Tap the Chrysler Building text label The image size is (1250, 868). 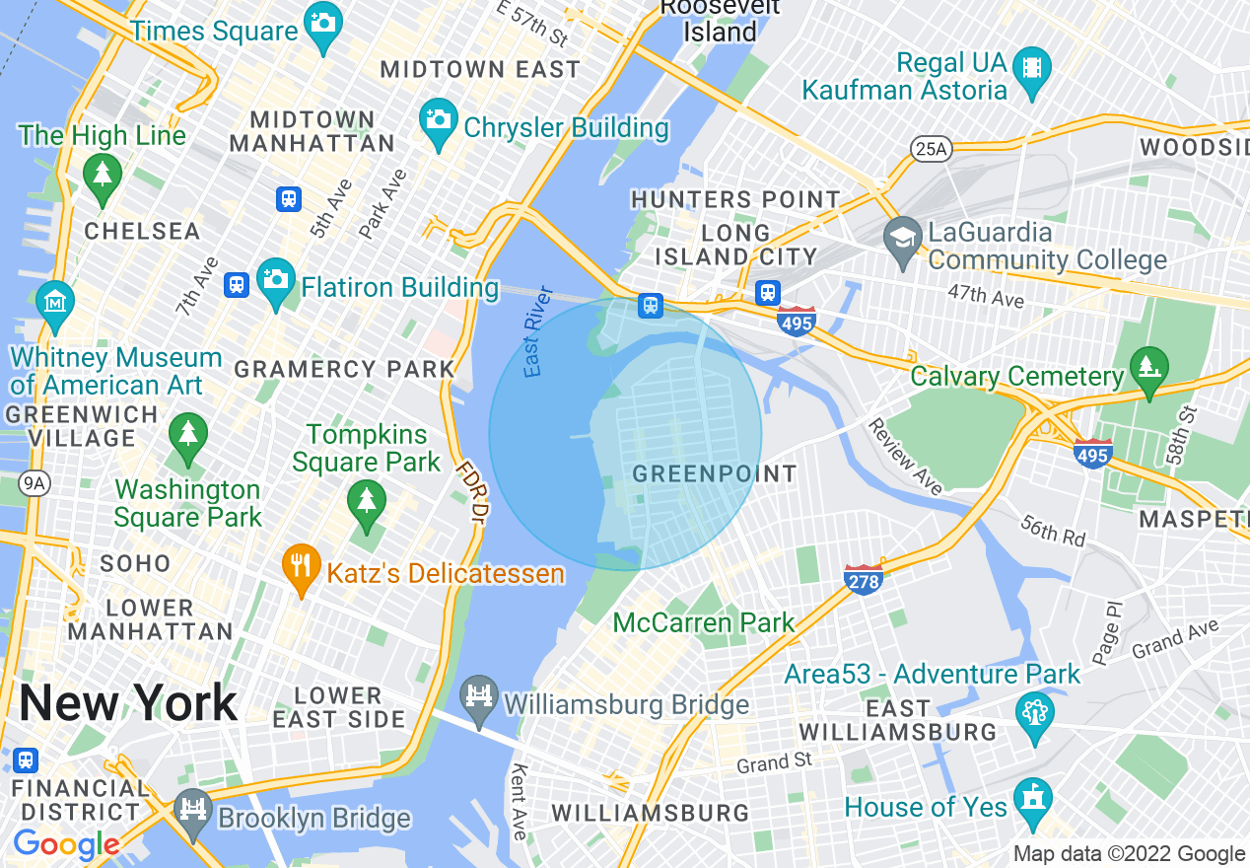[566, 128]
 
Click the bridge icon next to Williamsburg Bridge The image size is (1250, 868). [480, 699]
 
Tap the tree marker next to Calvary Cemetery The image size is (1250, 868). [1148, 367]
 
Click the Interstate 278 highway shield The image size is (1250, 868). [863, 581]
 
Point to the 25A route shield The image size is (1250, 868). [931, 148]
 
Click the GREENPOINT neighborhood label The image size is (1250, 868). [715, 473]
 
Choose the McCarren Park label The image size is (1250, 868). [703, 622]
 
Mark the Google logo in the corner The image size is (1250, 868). [66, 844]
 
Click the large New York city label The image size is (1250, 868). [128, 703]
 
